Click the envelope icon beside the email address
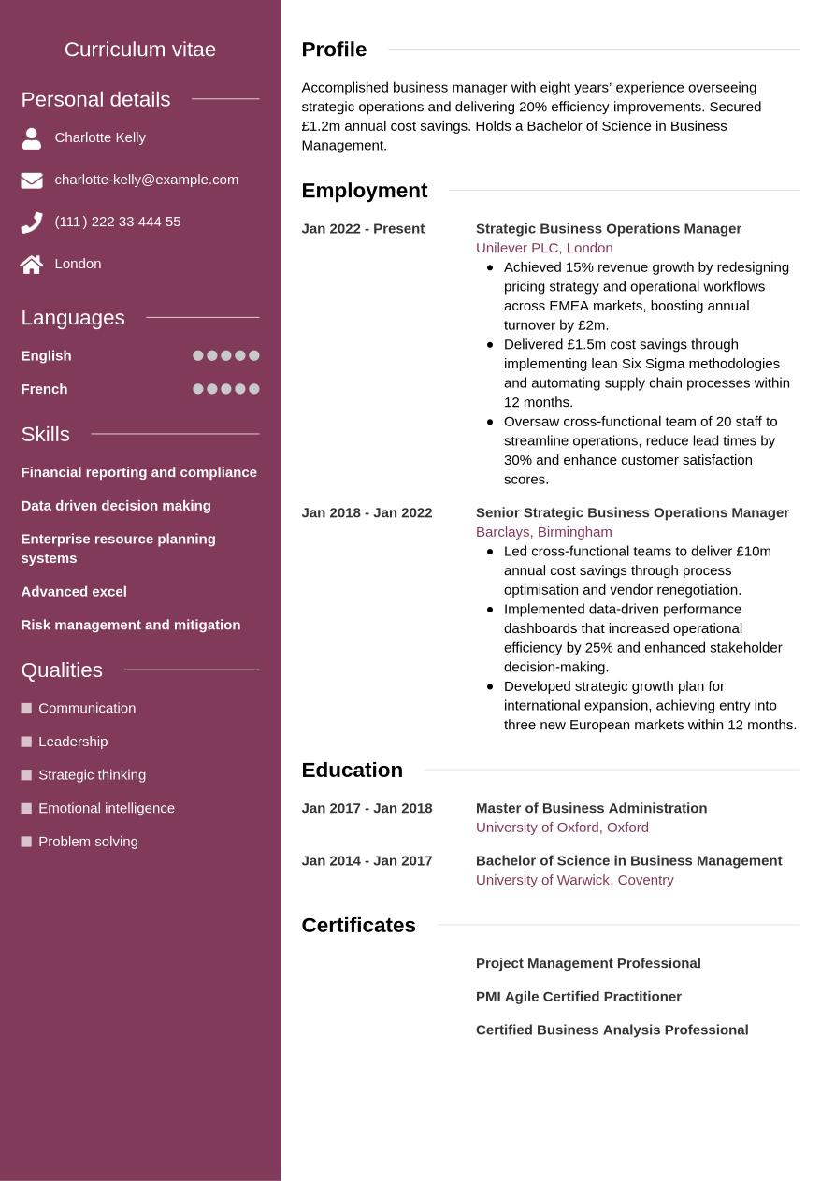[32, 180]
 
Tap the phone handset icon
[32, 223]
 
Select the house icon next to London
[32, 265]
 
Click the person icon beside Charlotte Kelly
[32, 138]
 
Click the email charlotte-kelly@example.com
[146, 180]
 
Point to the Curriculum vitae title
[140, 50]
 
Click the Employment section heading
[364, 191]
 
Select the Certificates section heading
[358, 926]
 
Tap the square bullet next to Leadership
[26, 742]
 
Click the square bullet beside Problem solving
[26, 842]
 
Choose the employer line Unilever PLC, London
[544, 248]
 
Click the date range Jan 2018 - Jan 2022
[367, 512]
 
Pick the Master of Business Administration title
[591, 808]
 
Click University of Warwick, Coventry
[574, 880]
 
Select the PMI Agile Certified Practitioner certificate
[578, 997]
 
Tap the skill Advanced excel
[74, 592]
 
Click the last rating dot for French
[254, 389]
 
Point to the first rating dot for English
[198, 355]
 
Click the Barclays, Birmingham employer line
[543, 532]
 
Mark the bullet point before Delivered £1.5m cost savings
[490, 344]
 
